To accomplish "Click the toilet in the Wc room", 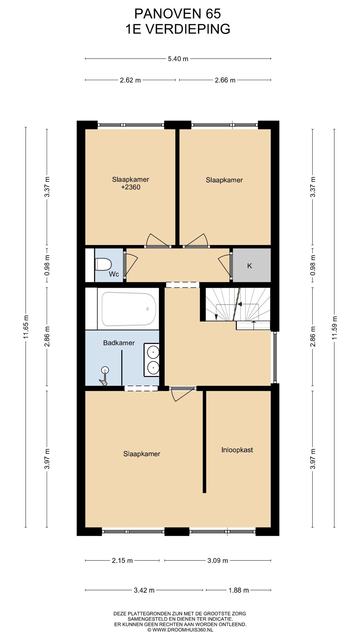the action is click(103, 264).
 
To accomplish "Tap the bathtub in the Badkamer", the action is click(129, 309).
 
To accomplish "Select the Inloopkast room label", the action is click(237, 450).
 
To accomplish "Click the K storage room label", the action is click(249, 266).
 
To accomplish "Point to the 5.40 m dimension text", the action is click(178, 59).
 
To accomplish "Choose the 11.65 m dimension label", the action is click(26, 327).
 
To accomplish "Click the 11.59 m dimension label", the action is click(334, 328).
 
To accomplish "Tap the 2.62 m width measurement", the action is click(130, 80).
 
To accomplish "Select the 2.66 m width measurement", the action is click(225, 80).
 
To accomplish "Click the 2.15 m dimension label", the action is click(122, 561).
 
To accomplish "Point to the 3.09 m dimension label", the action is click(217, 561).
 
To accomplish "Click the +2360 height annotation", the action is click(131, 187).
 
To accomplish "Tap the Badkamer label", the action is click(119, 343).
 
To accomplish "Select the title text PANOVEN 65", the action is click(177, 14).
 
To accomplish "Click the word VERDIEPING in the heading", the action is click(188, 29).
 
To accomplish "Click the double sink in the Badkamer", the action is click(152, 360).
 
